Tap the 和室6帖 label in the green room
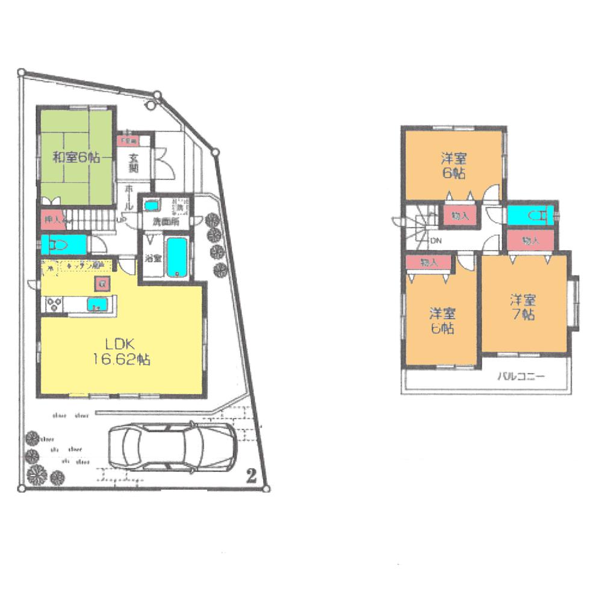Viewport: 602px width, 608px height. pyautogui.click(x=76, y=158)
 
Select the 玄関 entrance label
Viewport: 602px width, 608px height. pyautogui.click(x=134, y=163)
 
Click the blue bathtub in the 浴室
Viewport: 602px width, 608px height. pyautogui.click(x=177, y=257)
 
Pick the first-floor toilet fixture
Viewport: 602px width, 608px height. pyautogui.click(x=60, y=246)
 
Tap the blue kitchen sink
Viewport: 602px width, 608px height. pyautogui.click(x=96, y=304)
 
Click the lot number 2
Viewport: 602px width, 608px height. pyautogui.click(x=252, y=475)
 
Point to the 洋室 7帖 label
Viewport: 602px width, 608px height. pyautogui.click(x=523, y=307)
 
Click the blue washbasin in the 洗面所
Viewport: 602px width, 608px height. pyautogui.click(x=152, y=204)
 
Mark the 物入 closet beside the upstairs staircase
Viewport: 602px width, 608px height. pyautogui.click(x=461, y=216)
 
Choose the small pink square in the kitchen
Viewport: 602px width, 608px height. pyautogui.click(x=102, y=283)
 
